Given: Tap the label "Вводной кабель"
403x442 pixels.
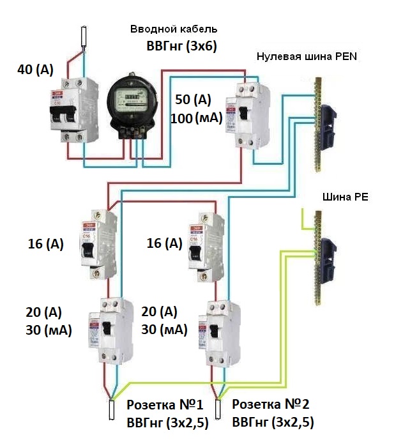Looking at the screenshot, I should click(x=174, y=29).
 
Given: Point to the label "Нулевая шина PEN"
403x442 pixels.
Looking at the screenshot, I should click(x=307, y=56).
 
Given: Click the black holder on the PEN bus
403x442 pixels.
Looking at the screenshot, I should click(x=330, y=124).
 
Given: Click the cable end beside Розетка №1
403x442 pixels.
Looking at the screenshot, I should click(x=111, y=410).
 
